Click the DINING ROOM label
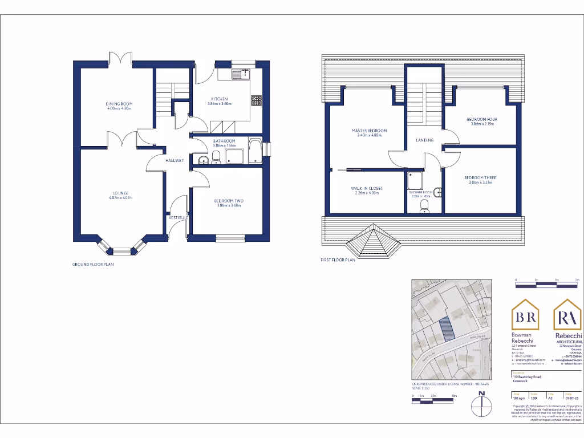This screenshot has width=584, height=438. point(119,103)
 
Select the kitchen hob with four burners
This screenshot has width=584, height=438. point(256,100)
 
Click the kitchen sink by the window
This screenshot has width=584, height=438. point(241,74)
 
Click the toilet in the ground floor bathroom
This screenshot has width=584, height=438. point(216,157)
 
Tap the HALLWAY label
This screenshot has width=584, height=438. point(175,160)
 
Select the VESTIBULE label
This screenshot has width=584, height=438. point(177,217)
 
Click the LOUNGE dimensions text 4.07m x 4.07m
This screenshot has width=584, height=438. point(120,198)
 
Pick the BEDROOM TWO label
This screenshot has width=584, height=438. point(229,200)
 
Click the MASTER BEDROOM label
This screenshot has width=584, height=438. point(369,131)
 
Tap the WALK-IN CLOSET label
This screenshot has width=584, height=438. point(367,188)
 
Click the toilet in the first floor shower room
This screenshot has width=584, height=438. point(424,205)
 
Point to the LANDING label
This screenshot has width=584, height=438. point(424,140)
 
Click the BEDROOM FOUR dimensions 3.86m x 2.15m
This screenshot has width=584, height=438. point(482,124)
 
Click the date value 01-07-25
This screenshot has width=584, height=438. point(567,398)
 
